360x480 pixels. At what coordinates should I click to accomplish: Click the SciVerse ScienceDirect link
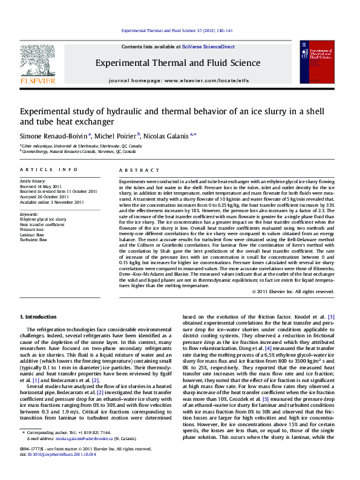coord(207,47)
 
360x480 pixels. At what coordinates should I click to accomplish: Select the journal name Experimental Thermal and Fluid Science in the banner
coord(178,63)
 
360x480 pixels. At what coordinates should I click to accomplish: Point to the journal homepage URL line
coord(178,80)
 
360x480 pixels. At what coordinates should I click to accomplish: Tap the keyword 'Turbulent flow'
coord(33,239)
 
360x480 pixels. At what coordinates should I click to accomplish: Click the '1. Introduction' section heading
coord(39,317)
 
